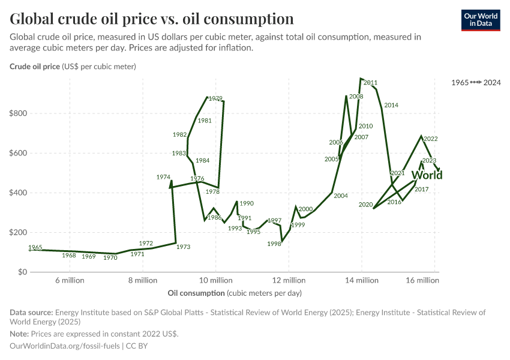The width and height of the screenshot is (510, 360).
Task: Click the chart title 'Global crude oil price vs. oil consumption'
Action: pos(152,19)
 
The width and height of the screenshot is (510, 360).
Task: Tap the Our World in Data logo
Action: pos(480,20)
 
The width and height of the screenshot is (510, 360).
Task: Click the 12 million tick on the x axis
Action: pos(289,280)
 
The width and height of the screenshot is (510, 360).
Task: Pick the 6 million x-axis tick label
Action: pos(70,280)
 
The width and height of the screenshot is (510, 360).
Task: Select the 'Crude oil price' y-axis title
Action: pos(35,67)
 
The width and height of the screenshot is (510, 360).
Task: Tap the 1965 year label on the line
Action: pos(35,248)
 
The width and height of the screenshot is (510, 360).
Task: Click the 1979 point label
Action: pos(215,98)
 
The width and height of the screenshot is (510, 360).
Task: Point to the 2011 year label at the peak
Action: pos(370,83)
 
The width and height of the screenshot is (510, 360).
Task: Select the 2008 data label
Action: pos(356,97)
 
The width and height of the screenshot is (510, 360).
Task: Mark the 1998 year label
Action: pos(274,244)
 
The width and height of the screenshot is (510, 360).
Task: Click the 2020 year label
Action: pos(365,205)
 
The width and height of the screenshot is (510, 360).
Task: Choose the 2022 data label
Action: pos(430,139)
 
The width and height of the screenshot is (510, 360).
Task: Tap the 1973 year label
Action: pos(183,247)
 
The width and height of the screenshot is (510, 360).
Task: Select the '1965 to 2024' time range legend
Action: pos(476,81)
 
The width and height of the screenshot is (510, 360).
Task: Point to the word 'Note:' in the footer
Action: pos(20,334)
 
